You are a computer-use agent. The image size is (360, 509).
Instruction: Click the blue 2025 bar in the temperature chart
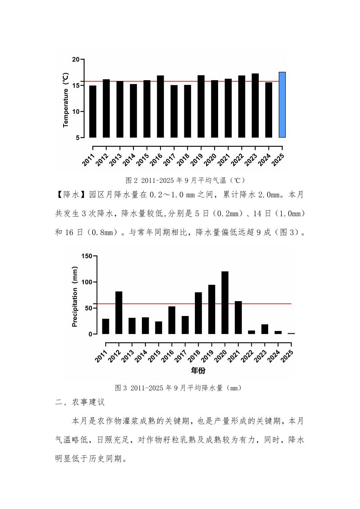tap(282, 105)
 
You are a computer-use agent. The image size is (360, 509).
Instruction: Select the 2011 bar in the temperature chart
tap(93, 111)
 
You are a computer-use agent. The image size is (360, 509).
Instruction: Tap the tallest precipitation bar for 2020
tap(225, 303)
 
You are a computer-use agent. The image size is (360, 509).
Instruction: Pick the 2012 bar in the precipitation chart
tap(119, 312)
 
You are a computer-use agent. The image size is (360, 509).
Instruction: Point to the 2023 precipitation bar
tap(265, 329)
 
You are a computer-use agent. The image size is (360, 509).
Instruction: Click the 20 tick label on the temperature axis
tap(75, 59)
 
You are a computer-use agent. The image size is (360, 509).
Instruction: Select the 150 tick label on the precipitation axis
tap(87, 256)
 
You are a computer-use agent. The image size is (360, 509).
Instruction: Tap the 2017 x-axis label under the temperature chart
tap(169, 160)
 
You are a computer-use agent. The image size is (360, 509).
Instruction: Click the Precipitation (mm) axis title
tap(75, 297)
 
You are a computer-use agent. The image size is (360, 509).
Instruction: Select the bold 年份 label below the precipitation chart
tap(198, 370)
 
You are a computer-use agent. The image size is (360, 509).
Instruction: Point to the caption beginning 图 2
tap(185, 180)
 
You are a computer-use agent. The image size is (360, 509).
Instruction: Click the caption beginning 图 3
tap(178, 388)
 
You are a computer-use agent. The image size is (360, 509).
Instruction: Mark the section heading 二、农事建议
tap(80, 402)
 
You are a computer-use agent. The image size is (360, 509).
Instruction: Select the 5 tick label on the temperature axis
tap(77, 138)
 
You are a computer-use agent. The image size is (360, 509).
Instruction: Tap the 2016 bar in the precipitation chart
tap(172, 320)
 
